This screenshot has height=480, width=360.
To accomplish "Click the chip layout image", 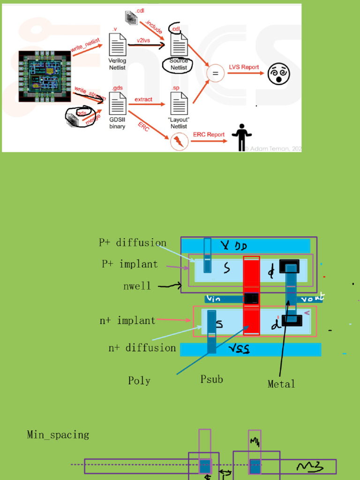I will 45,75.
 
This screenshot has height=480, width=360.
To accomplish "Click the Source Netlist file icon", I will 179,46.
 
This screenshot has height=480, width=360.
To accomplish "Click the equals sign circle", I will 216,73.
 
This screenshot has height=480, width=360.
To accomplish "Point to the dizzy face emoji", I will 279,74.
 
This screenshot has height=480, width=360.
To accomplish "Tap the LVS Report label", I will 243,67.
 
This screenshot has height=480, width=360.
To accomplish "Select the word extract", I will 143,99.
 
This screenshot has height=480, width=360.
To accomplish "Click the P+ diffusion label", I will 133,243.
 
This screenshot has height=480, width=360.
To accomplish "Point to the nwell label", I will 137,286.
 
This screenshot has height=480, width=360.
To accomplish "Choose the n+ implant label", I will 127,321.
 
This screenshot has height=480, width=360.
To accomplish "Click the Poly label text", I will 139,381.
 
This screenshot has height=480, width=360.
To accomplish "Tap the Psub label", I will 212,379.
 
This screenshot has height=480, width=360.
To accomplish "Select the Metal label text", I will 281,384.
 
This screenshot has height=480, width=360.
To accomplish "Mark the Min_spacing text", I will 58,435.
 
